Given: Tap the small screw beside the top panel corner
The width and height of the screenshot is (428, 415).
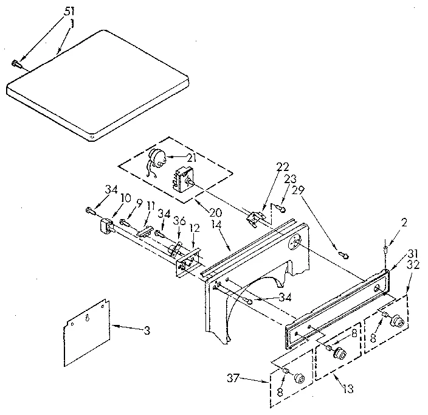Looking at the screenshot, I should pyautogui.click(x=16, y=62).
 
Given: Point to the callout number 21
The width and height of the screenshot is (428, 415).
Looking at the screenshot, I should pyautogui.click(x=191, y=157).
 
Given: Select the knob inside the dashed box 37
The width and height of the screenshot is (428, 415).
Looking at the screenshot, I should pyautogui.click(x=298, y=378).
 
